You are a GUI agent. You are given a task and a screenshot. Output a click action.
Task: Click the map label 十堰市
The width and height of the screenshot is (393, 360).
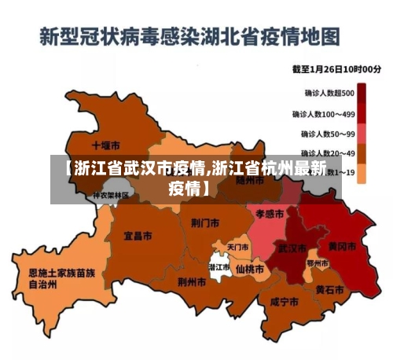(x=105, y=145)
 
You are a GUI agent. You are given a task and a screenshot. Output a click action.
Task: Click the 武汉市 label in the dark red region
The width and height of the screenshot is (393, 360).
(x=292, y=248)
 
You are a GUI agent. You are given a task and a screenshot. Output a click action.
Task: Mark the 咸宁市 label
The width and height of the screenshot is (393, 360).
(x=284, y=302)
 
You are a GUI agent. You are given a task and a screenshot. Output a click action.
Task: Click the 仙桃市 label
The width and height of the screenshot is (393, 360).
(x=250, y=267)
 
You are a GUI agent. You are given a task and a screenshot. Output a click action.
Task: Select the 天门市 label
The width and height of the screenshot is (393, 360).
(x=237, y=247)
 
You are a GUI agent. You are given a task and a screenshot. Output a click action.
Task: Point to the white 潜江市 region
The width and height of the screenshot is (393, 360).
(x=219, y=268)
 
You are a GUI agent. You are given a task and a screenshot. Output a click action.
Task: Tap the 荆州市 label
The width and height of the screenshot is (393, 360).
(x=192, y=281)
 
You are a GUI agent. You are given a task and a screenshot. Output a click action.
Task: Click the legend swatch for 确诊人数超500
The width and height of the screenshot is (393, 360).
(x=362, y=94)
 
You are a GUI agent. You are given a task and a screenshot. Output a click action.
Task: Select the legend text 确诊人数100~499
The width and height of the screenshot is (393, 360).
(x=324, y=113)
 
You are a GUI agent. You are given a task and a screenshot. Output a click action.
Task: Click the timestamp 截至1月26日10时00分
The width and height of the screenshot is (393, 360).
(x=336, y=70)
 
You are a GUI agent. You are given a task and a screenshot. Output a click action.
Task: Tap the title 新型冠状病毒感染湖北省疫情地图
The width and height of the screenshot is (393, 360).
(x=189, y=36)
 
